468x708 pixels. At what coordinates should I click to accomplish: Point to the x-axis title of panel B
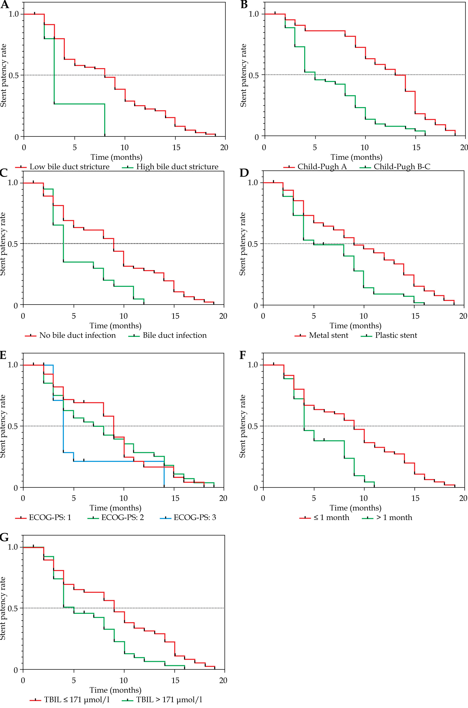click(x=356, y=157)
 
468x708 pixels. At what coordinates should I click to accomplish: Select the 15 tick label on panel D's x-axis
click(x=415, y=316)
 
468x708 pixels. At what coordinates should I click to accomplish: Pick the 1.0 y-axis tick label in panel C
click(x=13, y=183)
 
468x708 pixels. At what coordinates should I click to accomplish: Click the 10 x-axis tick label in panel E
click(x=124, y=498)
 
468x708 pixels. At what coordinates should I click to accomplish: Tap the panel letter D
click(x=244, y=173)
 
